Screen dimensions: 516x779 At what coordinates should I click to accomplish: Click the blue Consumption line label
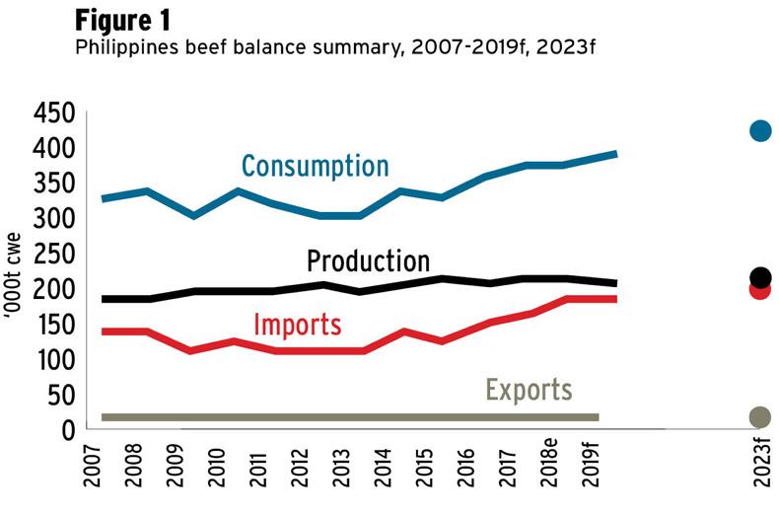tap(315, 165)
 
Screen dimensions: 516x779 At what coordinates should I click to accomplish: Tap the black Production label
tap(368, 261)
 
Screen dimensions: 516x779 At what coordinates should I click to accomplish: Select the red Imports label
tap(298, 324)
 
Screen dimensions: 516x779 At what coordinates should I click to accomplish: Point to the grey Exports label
tap(529, 390)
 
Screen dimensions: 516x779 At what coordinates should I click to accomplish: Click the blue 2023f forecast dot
tap(759, 130)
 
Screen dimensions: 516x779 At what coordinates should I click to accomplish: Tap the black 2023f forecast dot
tap(760, 277)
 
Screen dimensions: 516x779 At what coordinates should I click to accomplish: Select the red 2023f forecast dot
tap(759, 290)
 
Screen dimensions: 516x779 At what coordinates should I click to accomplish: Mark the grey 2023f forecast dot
tap(759, 417)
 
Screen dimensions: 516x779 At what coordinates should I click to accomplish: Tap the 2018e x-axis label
tap(549, 471)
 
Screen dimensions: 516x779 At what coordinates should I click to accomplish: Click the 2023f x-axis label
tap(760, 470)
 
